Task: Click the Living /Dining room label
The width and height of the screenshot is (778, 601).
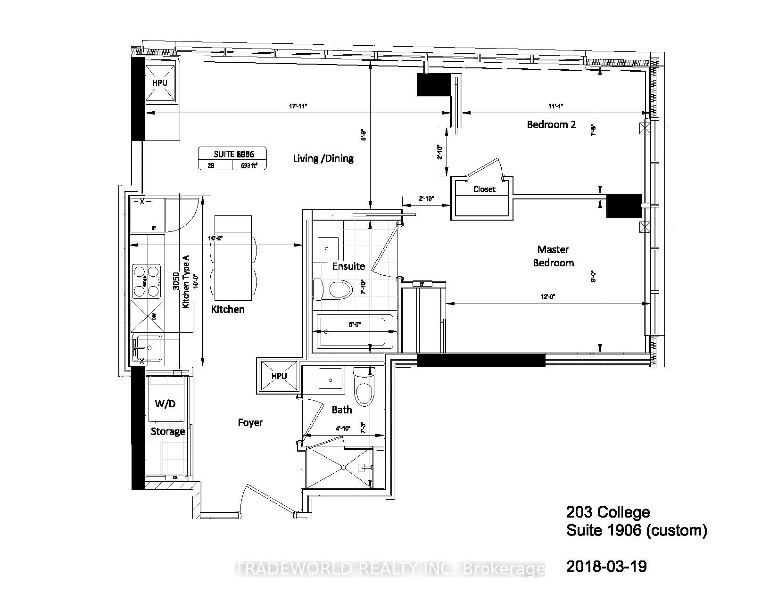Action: [x=323, y=158]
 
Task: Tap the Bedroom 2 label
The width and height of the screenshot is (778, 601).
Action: [x=551, y=124]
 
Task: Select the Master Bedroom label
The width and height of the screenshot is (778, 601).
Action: [x=553, y=256]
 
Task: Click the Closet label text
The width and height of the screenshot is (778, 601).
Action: [x=484, y=189]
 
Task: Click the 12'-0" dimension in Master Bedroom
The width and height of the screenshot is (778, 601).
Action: [x=547, y=296]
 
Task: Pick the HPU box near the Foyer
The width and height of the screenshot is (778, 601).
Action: [x=279, y=376]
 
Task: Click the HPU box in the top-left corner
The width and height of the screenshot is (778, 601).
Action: [x=159, y=82]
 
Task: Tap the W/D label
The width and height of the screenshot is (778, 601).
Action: [x=165, y=404]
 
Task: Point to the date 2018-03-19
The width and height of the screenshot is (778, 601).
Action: [x=606, y=567]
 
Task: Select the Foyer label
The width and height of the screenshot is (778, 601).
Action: [x=250, y=423]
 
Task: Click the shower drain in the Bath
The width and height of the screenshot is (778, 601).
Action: [x=344, y=467]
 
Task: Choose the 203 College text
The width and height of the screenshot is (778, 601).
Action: [x=608, y=512]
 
